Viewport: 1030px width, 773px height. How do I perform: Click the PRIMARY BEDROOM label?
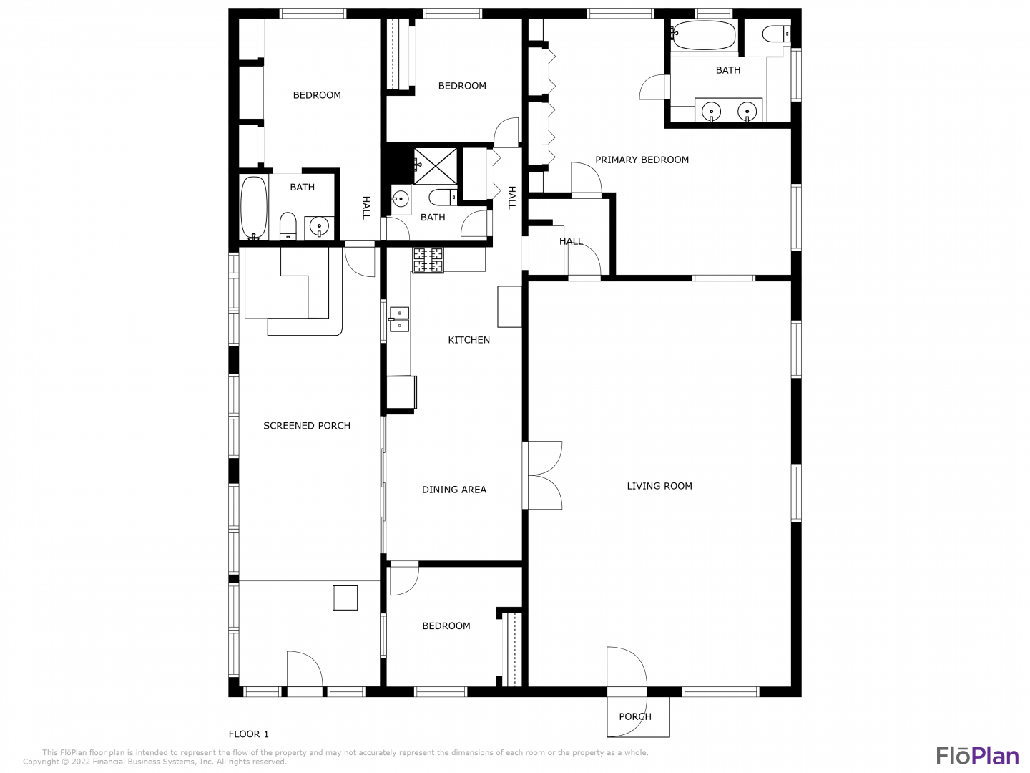point(642,160)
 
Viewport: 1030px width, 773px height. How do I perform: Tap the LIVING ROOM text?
point(659,486)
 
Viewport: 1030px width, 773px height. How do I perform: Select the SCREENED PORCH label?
point(306,426)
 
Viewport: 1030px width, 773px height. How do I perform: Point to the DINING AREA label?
point(453,490)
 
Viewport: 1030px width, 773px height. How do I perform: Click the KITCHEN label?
point(469,340)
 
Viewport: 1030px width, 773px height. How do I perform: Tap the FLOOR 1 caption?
point(248,734)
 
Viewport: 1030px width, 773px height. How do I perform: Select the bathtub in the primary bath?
point(705,35)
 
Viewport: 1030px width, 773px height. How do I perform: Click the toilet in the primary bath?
point(776,34)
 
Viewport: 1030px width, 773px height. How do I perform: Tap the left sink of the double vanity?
point(712,112)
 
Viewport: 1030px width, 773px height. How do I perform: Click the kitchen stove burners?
point(428,260)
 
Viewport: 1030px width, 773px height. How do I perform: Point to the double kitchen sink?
point(399,319)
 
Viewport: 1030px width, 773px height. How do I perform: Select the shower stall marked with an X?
point(435,166)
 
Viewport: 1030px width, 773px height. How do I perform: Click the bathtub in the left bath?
point(254,208)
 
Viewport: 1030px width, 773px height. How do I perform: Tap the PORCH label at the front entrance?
point(635,716)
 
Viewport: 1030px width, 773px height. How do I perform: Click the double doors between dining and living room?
point(543,475)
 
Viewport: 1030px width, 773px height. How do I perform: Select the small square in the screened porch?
point(345,598)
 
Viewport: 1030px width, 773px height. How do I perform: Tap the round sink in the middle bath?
point(401,199)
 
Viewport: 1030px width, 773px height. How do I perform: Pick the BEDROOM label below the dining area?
point(446,626)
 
